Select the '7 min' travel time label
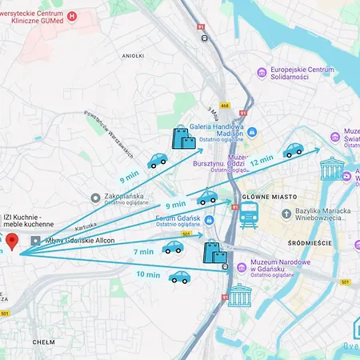point(143,252)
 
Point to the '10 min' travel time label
point(148,274)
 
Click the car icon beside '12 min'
point(293,150)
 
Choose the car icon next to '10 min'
point(179,277)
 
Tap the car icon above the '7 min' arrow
point(172,247)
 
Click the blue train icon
point(249,214)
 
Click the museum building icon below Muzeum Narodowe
point(239,295)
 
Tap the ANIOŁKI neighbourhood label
point(132,56)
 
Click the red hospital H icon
point(73,15)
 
